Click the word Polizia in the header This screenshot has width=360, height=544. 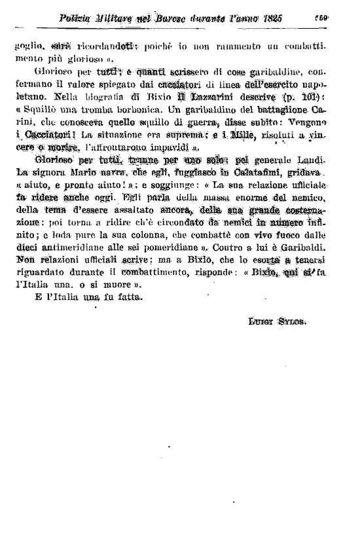click(x=78, y=20)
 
